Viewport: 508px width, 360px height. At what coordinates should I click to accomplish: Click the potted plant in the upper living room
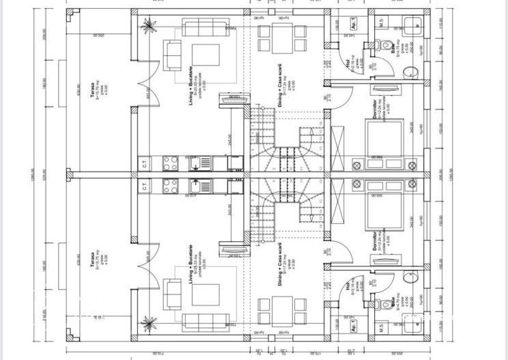tap(146, 27)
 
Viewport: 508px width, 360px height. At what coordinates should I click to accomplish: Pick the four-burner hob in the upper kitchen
tap(169, 163)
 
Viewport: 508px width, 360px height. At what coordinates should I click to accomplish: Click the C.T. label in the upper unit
tap(145, 163)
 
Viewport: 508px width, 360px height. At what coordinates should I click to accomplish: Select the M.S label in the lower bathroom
tap(382, 329)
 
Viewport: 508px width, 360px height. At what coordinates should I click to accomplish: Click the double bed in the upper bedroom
tap(377, 140)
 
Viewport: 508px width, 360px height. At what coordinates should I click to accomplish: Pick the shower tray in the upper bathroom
tap(413, 25)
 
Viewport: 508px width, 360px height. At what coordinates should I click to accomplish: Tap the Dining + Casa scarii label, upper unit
tap(280, 87)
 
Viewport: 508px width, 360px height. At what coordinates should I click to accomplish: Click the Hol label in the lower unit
tap(348, 288)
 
